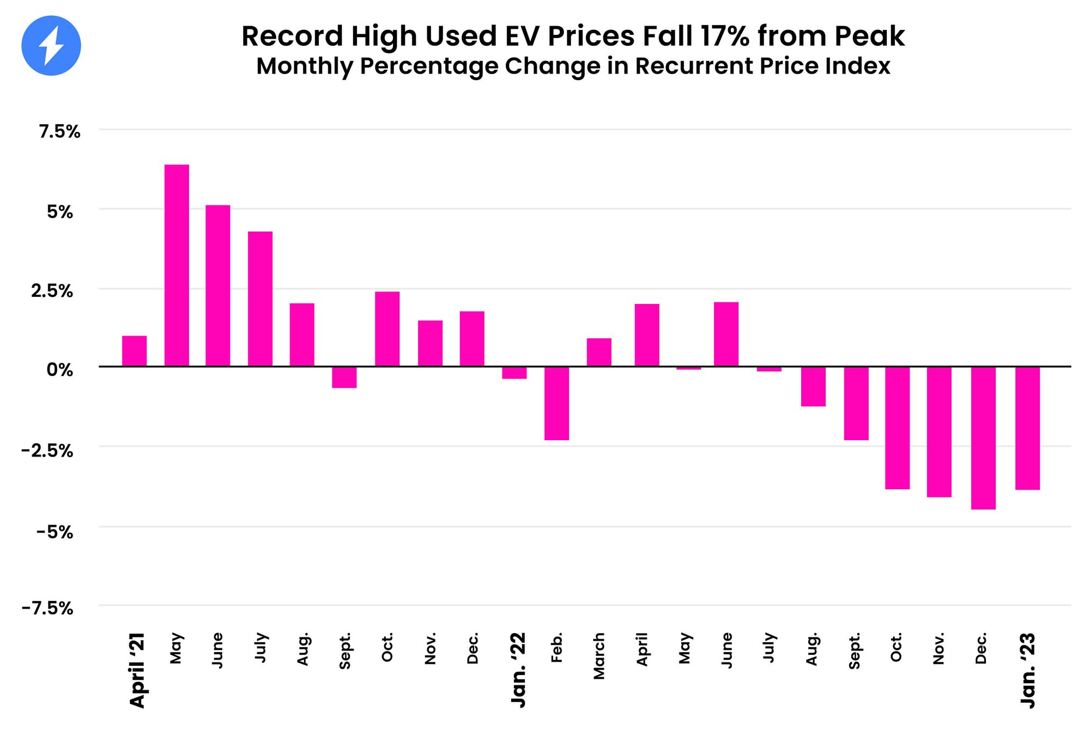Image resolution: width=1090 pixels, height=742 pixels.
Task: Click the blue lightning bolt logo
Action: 51,46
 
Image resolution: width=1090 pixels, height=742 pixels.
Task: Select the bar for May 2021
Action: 177,265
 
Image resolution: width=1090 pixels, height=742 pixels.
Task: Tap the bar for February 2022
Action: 556,403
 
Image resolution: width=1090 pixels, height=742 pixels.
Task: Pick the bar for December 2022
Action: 983,438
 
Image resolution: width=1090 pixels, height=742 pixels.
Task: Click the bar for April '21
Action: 134,351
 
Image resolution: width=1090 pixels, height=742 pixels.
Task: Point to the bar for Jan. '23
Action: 1027,428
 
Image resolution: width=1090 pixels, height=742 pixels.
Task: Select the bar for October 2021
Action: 387,329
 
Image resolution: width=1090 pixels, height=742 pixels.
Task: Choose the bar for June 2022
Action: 726,334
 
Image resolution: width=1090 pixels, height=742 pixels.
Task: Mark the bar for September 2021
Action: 344,377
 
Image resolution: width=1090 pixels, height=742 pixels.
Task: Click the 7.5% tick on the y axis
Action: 59,131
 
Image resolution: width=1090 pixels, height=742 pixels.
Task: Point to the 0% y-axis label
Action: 59,370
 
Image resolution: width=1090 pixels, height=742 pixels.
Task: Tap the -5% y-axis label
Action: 55,531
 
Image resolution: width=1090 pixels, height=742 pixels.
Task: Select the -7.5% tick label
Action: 47,608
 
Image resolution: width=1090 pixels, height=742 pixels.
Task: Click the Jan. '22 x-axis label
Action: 518,670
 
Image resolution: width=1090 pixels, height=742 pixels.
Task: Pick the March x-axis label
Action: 599,656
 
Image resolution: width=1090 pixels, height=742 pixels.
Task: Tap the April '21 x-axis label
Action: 137,670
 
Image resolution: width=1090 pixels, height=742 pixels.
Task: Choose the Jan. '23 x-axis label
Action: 1028,670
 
